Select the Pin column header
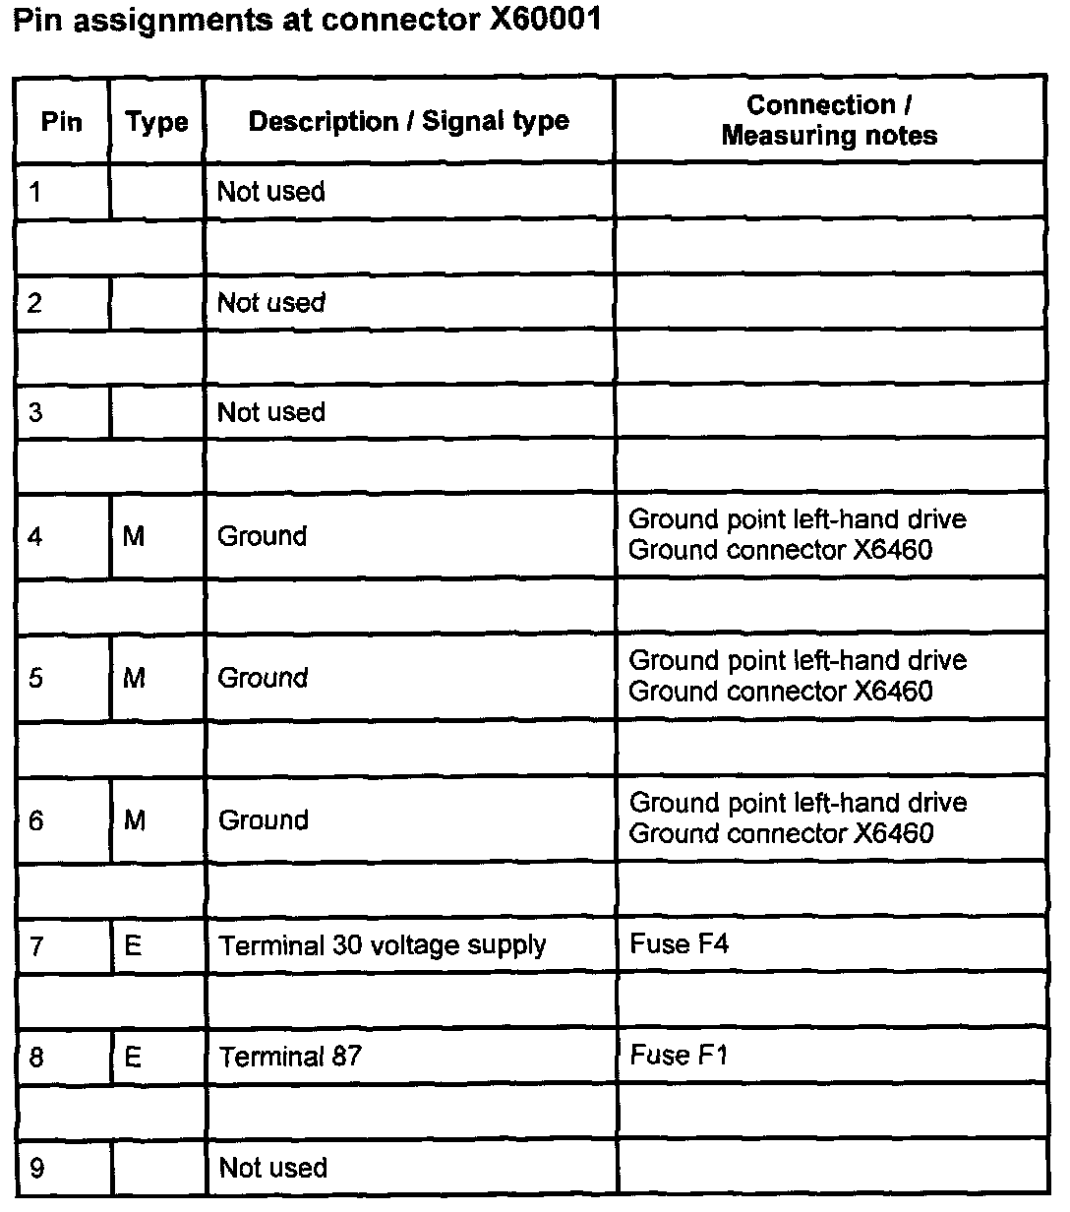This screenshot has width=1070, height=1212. coord(61,122)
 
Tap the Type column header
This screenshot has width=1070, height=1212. coord(156,122)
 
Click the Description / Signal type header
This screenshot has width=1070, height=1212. coord(408,121)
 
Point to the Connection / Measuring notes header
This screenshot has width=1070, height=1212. coord(829,120)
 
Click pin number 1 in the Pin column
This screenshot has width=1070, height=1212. coord(35,191)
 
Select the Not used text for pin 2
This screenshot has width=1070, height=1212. coord(270,302)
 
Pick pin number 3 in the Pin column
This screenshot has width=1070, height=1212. coord(35,411)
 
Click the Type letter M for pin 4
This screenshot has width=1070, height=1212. coord(134,536)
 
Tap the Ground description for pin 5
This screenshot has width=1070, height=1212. coord(263,678)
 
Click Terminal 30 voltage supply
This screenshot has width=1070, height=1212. coord(383,945)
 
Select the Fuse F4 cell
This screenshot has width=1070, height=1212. coord(679,944)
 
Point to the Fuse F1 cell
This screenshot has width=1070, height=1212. coord(679,1056)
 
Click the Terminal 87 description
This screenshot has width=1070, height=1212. coord(290,1057)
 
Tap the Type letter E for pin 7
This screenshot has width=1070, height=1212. coord(133,945)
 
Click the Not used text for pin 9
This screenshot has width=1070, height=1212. coord(272,1168)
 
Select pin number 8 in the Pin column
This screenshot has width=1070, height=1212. coord(36,1057)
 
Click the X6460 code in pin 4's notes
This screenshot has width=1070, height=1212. coord(893,550)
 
